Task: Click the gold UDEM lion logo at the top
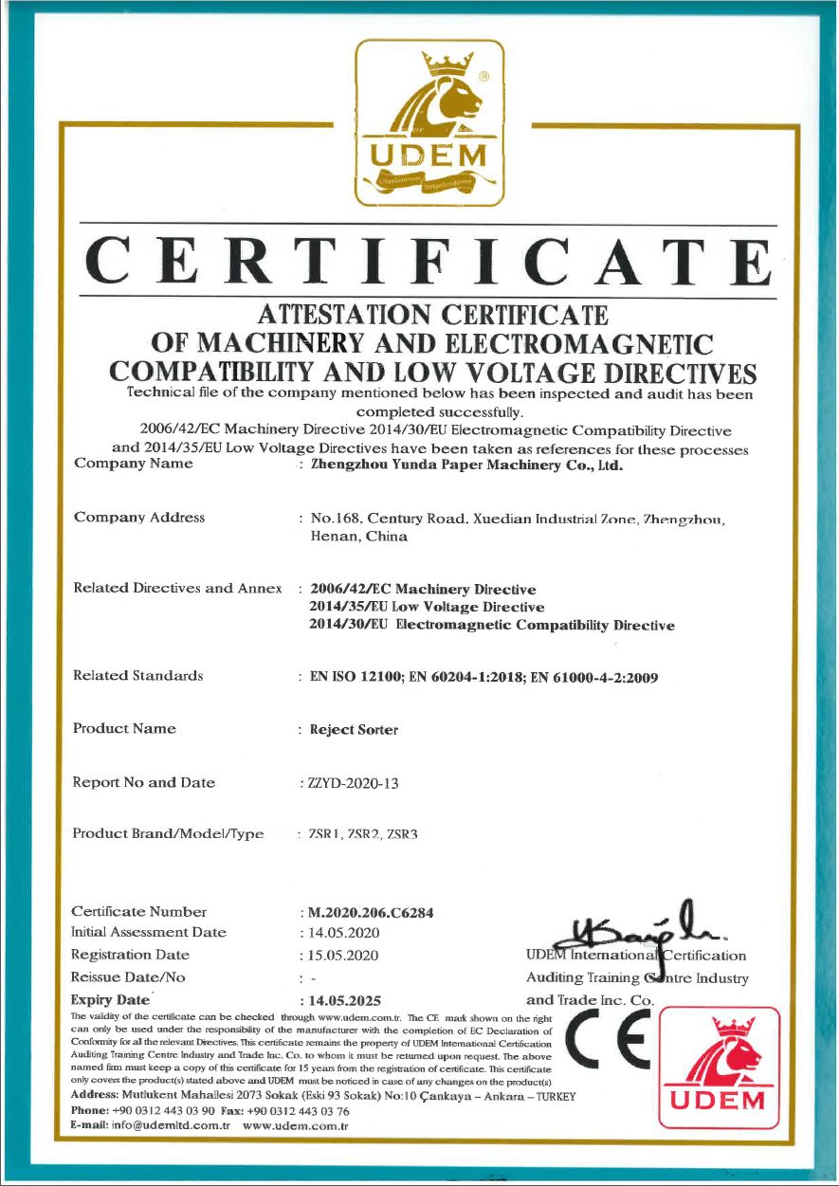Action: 429,122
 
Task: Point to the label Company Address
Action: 138,518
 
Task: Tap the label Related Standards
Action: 137,676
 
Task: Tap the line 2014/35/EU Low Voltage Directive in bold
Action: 427,607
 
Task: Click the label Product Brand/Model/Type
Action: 168,834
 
